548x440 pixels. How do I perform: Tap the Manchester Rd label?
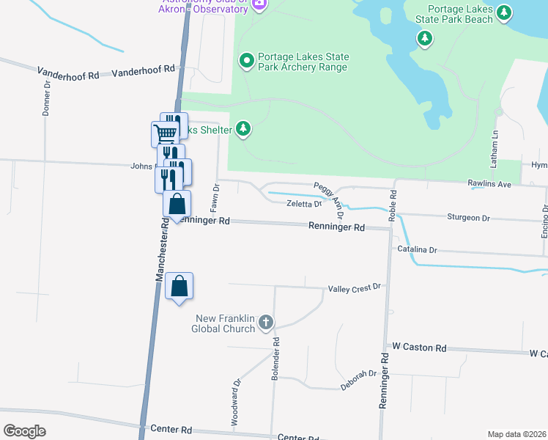[x=163, y=249]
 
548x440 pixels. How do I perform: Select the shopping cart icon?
[x=165, y=134]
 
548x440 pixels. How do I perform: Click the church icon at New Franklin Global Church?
[x=265, y=322]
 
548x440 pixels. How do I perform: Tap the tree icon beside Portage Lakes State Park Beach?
[x=503, y=12]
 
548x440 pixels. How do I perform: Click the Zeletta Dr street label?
[x=304, y=205]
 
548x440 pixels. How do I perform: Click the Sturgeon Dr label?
[x=468, y=217]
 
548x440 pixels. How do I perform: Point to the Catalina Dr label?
[x=417, y=249]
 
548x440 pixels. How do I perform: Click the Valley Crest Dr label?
[x=355, y=287]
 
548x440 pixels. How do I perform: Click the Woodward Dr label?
[x=237, y=393]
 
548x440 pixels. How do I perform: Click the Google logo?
[x=24, y=430]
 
